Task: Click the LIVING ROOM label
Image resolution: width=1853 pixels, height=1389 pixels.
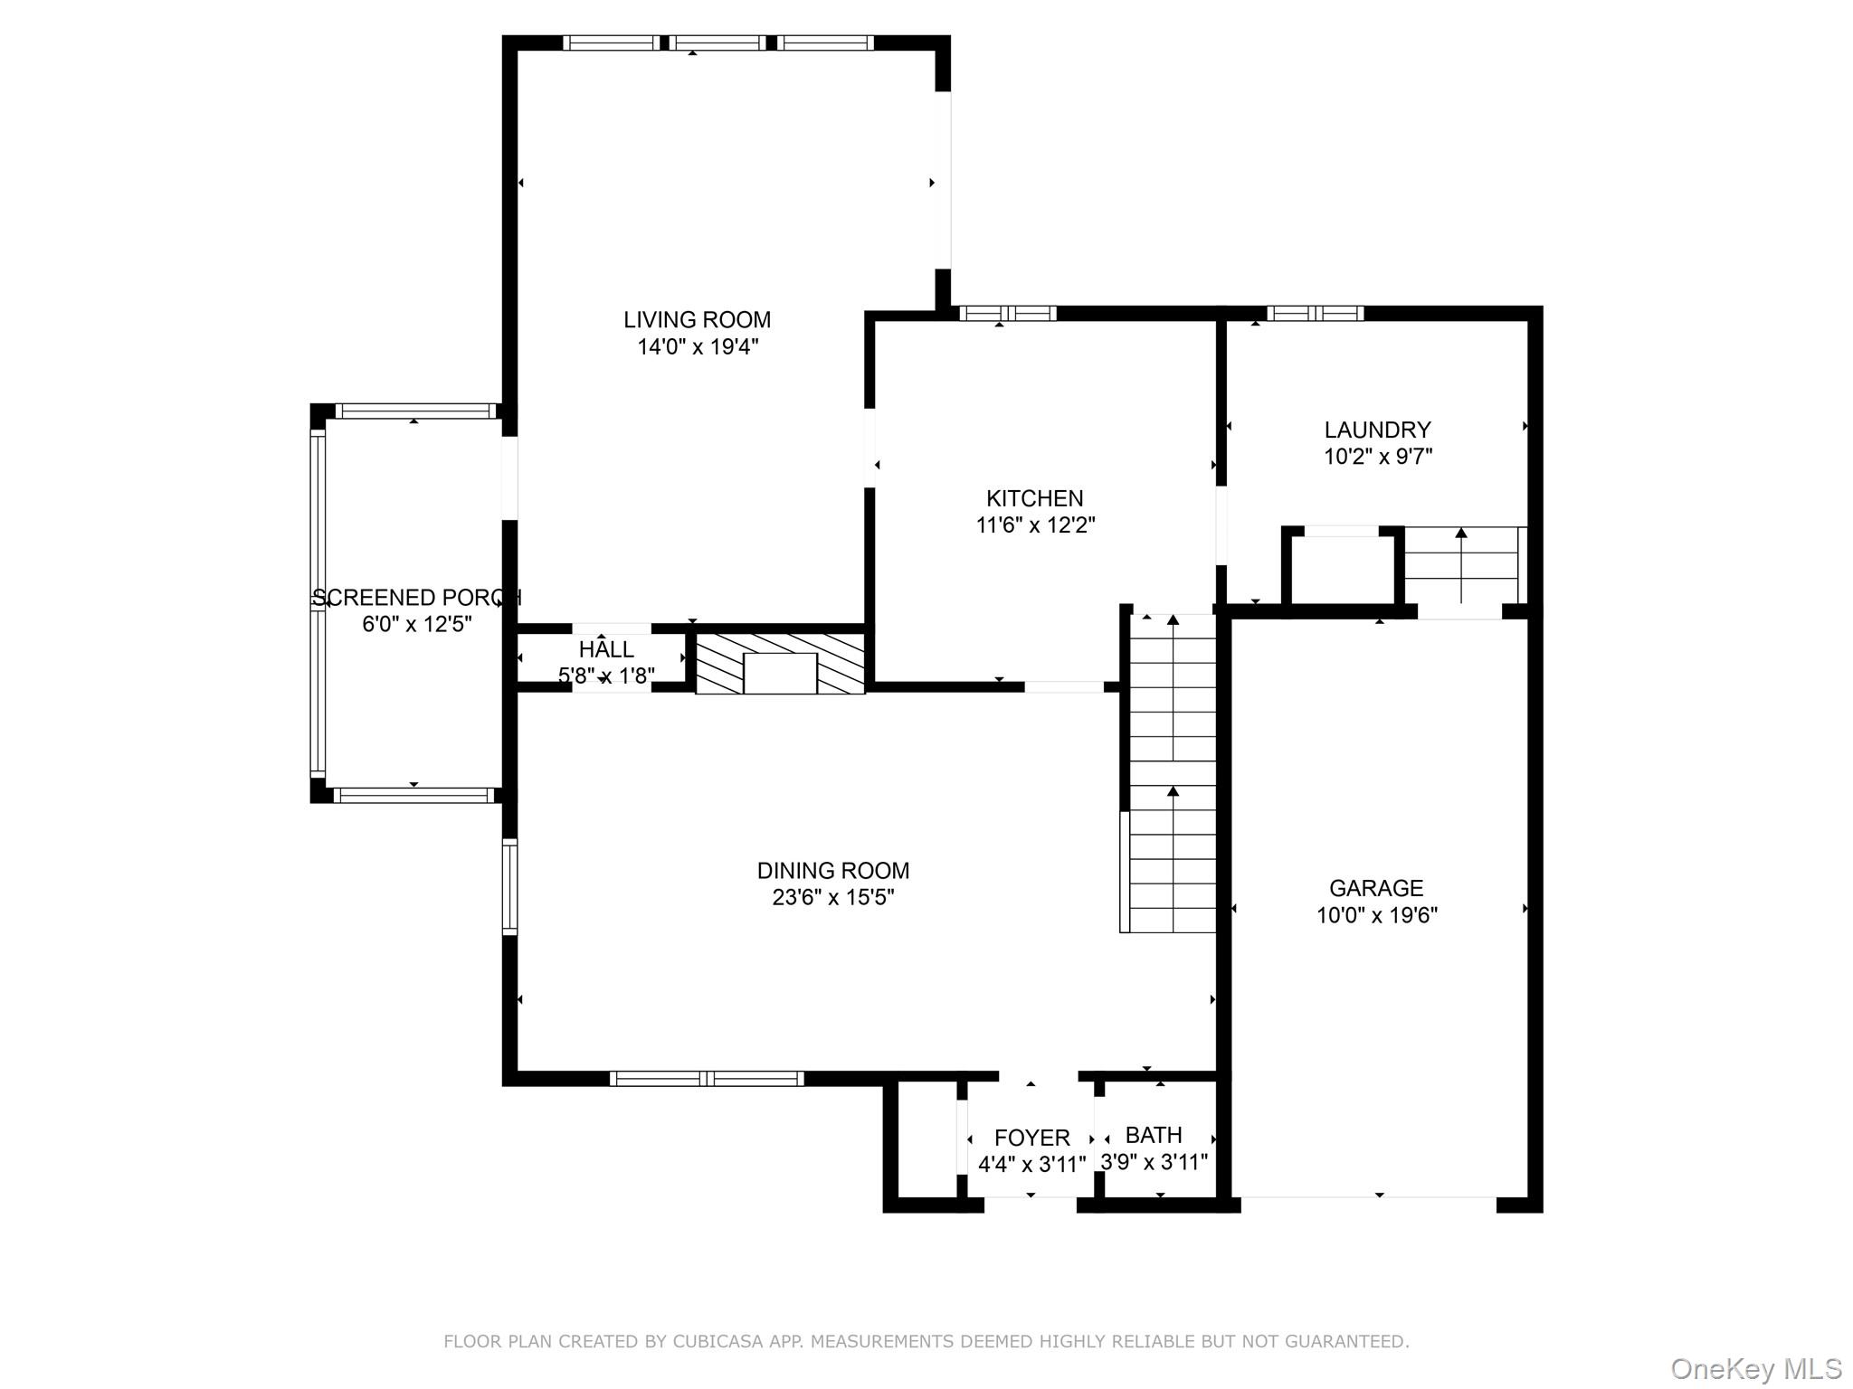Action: [697, 319]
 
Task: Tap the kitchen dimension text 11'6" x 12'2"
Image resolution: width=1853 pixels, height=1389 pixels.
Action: [1035, 525]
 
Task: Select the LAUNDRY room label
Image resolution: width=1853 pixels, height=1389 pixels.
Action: [1377, 430]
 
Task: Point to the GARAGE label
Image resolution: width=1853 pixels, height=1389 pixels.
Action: [1376, 888]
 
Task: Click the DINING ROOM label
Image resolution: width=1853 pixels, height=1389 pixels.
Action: [833, 871]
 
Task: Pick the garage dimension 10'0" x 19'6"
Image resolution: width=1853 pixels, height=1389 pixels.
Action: [1376, 915]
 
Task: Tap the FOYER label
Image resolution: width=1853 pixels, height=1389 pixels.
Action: [1031, 1138]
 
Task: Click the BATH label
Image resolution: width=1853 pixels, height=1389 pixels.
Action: [1154, 1135]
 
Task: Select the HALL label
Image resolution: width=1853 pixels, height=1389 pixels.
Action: [606, 649]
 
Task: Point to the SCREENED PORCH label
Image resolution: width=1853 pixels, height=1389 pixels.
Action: [417, 598]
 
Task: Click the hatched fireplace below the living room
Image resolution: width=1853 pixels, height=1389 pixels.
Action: [780, 663]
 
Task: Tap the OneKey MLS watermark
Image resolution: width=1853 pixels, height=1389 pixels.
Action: [1756, 1369]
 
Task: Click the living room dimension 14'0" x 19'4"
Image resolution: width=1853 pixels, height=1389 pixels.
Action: [697, 346]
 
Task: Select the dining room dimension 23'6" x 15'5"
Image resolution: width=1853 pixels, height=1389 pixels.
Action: [833, 898]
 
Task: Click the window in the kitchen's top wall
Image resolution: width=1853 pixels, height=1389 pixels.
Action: [1008, 314]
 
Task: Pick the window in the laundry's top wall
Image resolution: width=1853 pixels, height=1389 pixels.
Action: [1315, 314]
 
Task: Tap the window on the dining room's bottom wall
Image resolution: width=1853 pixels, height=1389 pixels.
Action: [707, 1078]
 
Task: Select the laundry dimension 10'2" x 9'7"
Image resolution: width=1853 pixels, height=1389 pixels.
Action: [1377, 457]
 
